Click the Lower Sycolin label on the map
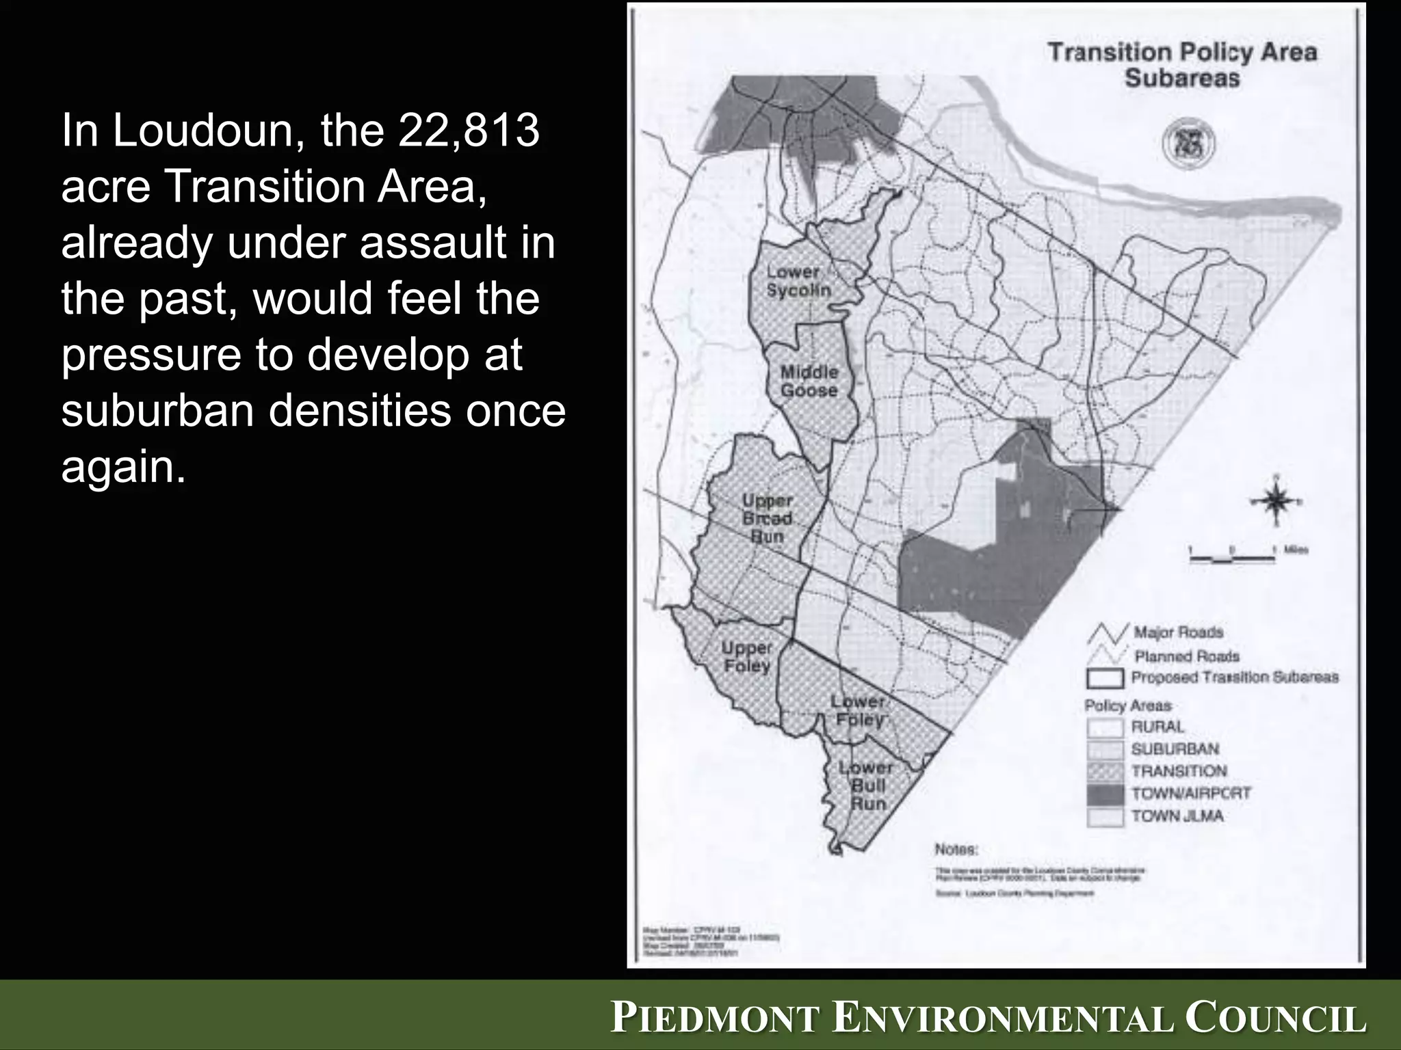(798, 281)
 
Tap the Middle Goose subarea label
(809, 381)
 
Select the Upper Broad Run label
(767, 519)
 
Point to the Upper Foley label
(746, 657)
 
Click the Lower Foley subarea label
(859, 710)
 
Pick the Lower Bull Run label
(867, 786)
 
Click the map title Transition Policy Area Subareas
(1182, 64)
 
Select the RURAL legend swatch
(1105, 727)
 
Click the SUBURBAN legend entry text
(1175, 749)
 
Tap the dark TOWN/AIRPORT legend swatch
(1105, 794)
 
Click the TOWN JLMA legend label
(1177, 816)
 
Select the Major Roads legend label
(1178, 632)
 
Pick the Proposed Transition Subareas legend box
(1105, 678)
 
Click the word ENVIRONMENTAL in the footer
(1003, 1018)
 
